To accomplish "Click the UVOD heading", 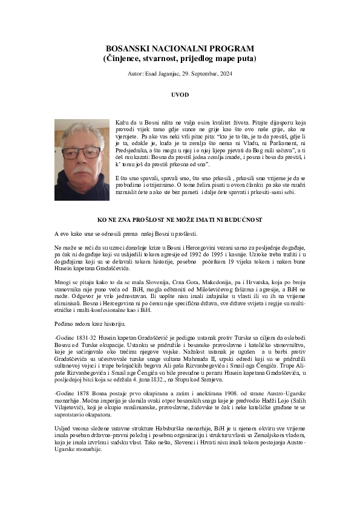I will point(180,95).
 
